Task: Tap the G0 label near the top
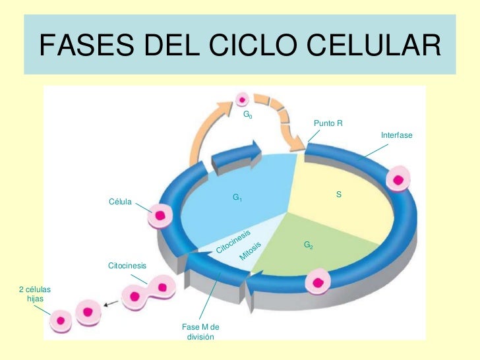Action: pos(247,115)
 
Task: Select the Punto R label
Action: pos(328,123)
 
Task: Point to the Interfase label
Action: pos(396,135)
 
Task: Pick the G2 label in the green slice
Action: pos(308,245)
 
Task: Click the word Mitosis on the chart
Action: pos(251,251)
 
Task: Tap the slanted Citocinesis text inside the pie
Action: pos(234,241)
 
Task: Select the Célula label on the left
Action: pos(120,201)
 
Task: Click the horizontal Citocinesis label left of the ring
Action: pos(127,266)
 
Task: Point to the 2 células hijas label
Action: pos(34,294)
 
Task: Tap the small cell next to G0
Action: pos(243,100)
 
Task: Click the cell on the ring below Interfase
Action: pos(399,179)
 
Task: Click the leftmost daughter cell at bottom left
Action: pos(61,321)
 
